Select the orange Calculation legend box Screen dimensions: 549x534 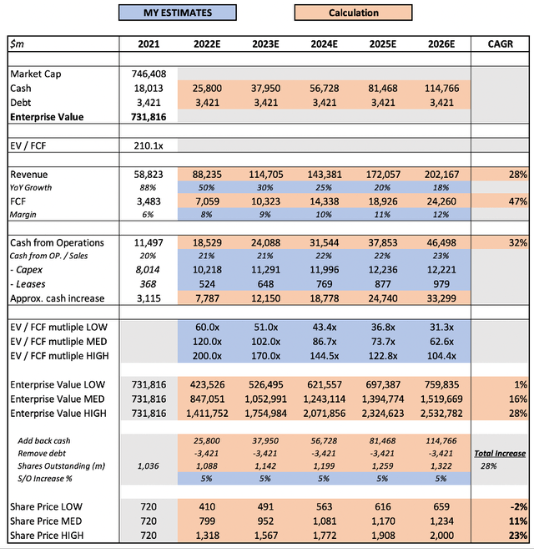pos(354,13)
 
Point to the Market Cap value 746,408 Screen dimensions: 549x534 pos(151,74)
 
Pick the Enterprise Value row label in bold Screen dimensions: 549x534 pos(48,116)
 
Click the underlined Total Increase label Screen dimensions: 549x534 pos(500,453)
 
